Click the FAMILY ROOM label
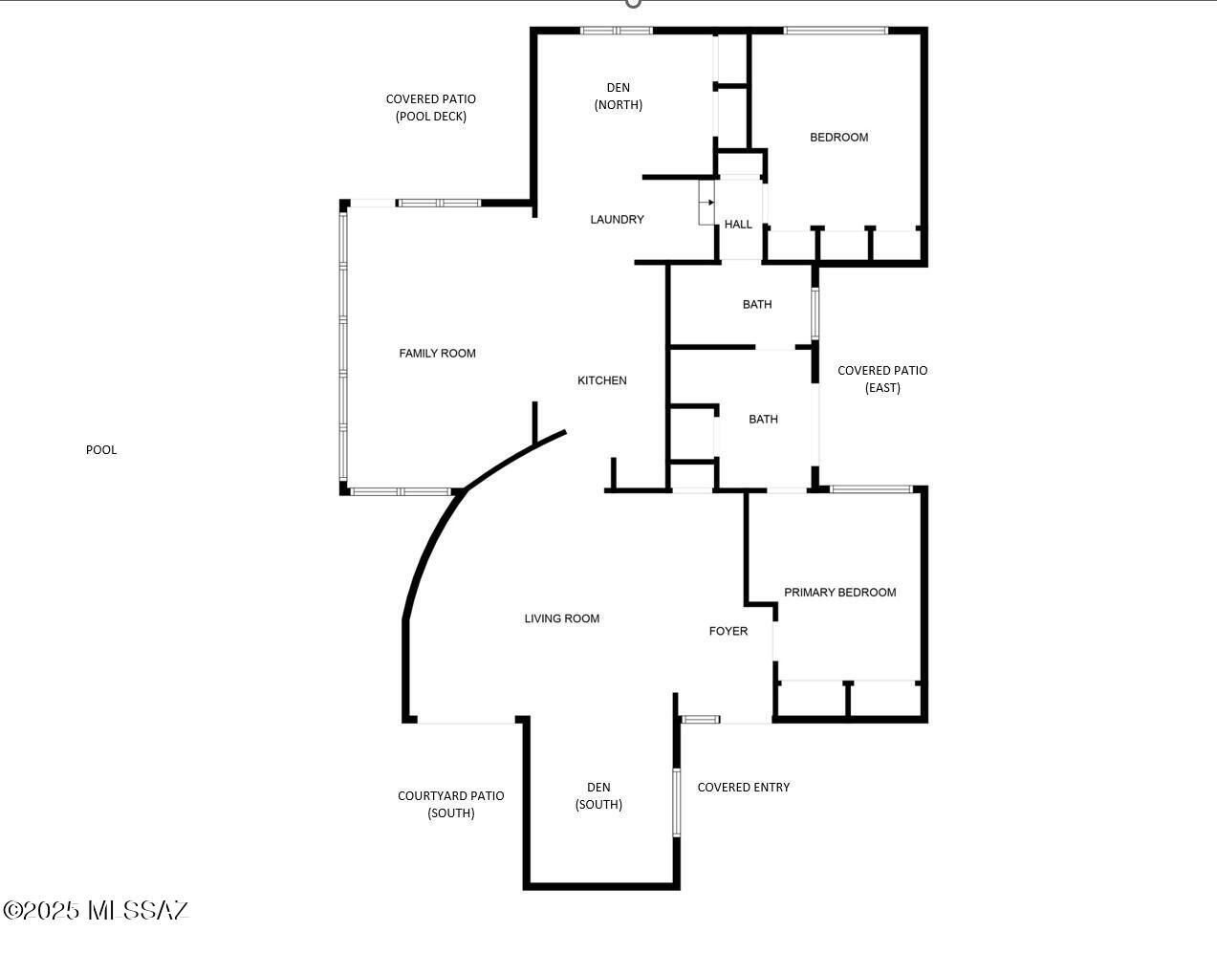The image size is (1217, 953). (437, 354)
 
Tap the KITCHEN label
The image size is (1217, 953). (602, 380)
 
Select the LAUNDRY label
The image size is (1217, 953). (617, 220)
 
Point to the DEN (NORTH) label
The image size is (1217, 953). (619, 97)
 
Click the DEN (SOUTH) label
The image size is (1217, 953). (598, 796)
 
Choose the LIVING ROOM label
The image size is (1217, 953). (562, 618)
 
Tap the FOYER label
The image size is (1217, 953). (728, 631)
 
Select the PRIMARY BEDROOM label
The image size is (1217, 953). (839, 593)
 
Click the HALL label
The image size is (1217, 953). (738, 225)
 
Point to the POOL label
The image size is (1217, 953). (101, 450)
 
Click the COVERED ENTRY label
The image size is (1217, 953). (743, 788)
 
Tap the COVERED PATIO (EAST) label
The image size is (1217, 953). (882, 379)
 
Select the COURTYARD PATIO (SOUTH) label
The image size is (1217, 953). (450, 804)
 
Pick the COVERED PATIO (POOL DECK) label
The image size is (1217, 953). (430, 107)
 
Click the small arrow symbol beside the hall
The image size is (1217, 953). (708, 203)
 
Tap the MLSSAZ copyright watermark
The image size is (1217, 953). (96, 910)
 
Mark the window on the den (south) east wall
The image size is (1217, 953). (676, 802)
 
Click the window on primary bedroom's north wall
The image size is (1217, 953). (870, 489)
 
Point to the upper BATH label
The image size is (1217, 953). (757, 305)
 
